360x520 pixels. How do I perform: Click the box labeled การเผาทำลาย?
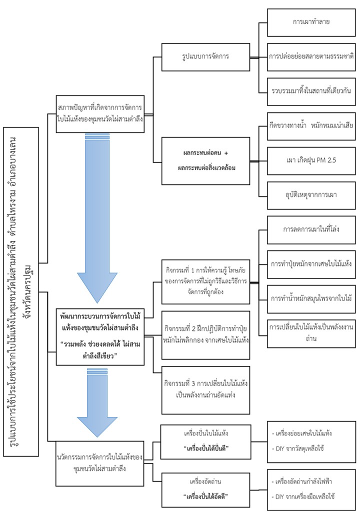point(311,22)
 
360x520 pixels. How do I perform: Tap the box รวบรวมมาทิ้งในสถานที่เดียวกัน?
point(311,90)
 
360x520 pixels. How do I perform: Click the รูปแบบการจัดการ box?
point(206,56)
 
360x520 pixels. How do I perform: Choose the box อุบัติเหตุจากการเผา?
point(311,194)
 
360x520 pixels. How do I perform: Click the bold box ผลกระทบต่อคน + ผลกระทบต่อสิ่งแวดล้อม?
point(205,160)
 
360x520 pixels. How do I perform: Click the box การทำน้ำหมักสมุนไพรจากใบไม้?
point(311,298)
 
